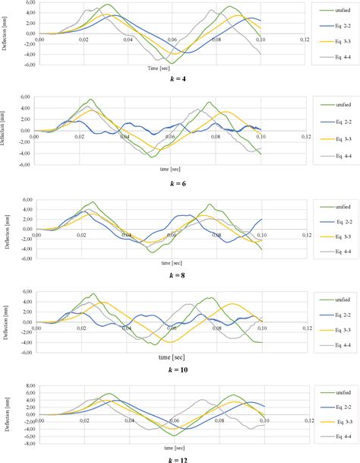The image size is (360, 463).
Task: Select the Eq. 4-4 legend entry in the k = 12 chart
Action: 331,436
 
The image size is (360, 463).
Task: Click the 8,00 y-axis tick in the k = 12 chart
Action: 27,385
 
